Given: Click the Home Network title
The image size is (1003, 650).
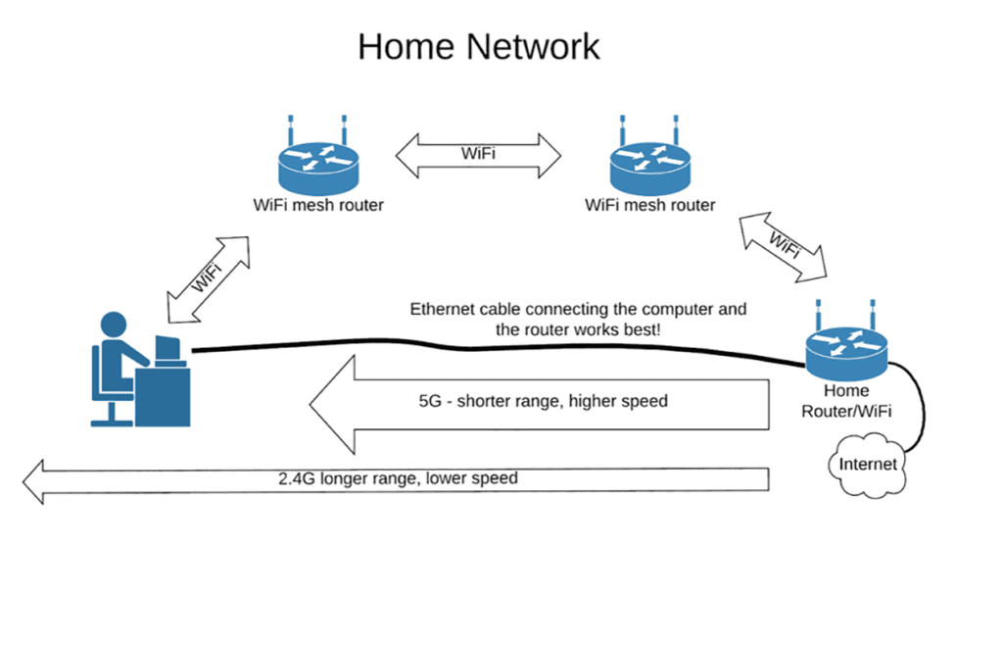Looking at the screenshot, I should click(478, 46).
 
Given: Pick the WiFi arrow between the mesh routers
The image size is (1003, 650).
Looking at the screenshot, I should click(478, 154).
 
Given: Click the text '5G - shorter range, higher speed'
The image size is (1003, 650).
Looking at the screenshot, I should click(542, 401).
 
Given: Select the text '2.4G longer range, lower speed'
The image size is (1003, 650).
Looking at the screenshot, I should click(397, 479).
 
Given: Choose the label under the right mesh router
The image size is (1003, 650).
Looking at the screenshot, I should click(649, 206).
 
